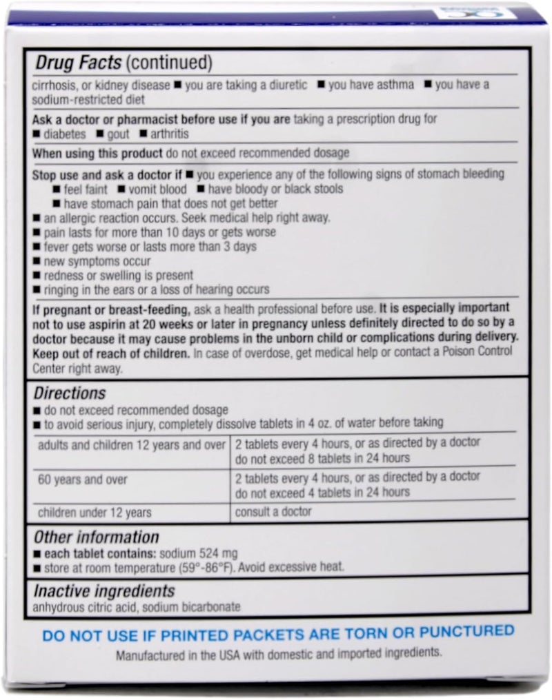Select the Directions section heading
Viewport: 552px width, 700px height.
(70, 393)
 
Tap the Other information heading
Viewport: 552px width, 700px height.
(96, 537)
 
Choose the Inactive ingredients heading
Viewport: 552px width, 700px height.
(103, 591)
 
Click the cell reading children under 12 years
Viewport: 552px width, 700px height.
(95, 512)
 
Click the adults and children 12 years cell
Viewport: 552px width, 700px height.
(132, 445)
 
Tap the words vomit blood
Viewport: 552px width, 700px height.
(154, 188)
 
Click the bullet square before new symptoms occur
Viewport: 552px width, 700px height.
(37, 262)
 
